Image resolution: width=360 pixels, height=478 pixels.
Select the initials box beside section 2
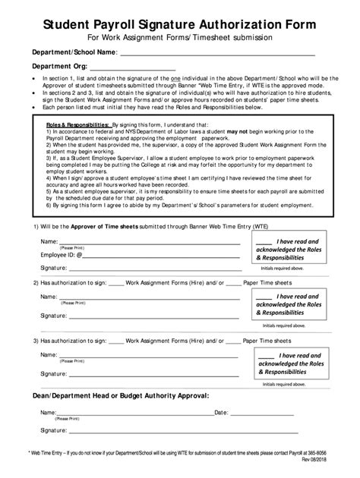pyautogui.click(x=291, y=303)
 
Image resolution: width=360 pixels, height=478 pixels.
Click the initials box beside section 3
pyautogui.click(x=291, y=363)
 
